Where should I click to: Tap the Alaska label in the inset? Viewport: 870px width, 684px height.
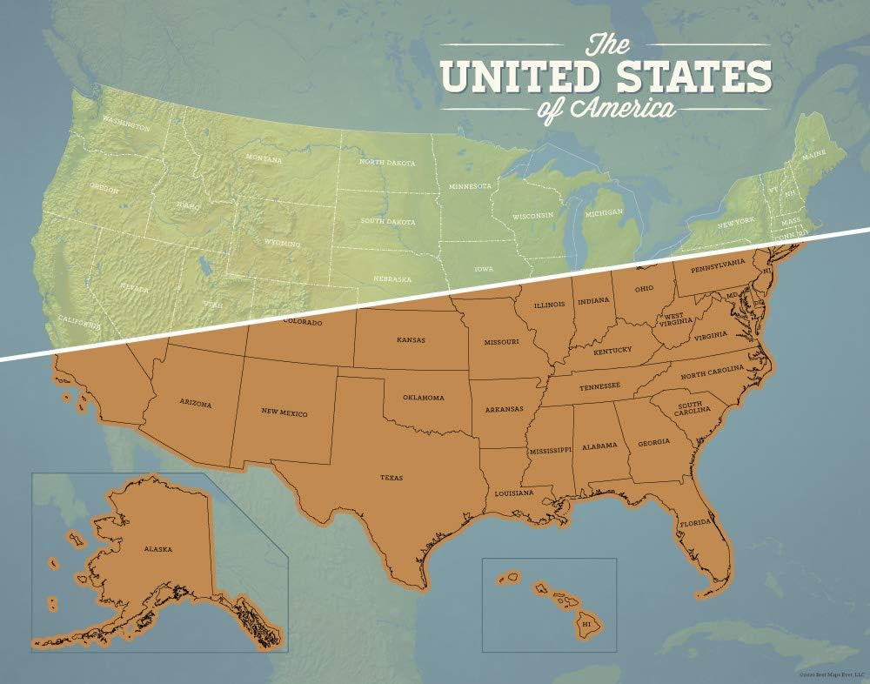pyautogui.click(x=158, y=549)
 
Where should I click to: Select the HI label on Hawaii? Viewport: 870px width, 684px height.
pyautogui.click(x=586, y=623)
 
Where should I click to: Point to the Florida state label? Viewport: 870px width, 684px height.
pyautogui.click(x=696, y=524)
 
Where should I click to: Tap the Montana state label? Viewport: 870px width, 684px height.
pyautogui.click(x=263, y=158)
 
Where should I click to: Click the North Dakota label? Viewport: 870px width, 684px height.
pyautogui.click(x=387, y=163)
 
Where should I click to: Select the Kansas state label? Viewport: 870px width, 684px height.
pyautogui.click(x=411, y=340)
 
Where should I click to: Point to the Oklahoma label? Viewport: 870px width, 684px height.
pyautogui.click(x=423, y=398)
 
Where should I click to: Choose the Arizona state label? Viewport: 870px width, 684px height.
pyautogui.click(x=195, y=404)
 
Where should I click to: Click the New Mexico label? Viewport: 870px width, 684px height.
pyautogui.click(x=284, y=412)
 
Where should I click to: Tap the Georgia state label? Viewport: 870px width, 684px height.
pyautogui.click(x=653, y=442)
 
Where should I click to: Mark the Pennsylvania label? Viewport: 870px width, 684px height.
pyautogui.click(x=719, y=262)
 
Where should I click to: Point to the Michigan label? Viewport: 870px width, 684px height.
pyautogui.click(x=604, y=212)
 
